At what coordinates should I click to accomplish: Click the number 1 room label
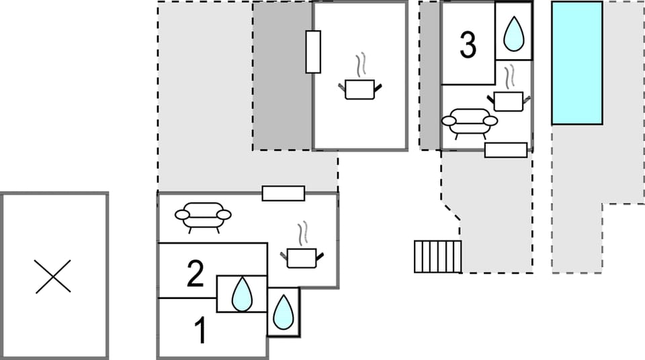200,331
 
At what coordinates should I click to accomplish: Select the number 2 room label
195,275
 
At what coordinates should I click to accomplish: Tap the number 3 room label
468,45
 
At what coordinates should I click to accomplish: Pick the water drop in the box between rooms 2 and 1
242,294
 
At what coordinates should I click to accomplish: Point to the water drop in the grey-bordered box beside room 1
284,312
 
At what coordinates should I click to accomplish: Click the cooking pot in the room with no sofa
360,89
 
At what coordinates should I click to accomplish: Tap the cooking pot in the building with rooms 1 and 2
302,257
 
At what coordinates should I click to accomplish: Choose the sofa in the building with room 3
470,122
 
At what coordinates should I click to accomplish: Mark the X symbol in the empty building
53,276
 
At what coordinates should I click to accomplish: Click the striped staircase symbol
437,256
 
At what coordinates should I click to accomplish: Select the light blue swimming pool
576,62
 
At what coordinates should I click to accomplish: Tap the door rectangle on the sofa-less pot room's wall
313,52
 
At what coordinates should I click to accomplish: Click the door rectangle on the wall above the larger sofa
283,193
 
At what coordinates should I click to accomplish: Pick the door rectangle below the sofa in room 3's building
505,150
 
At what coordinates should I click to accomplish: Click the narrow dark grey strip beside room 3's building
430,75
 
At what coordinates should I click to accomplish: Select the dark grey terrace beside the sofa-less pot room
282,76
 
